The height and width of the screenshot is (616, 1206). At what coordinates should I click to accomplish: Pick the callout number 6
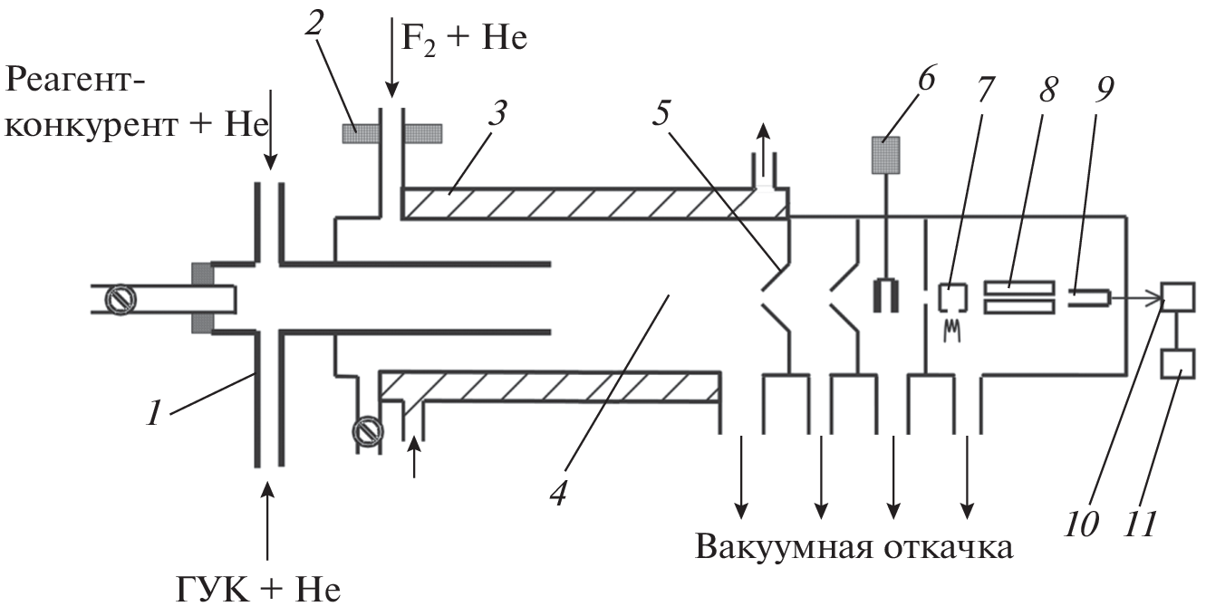(x=924, y=81)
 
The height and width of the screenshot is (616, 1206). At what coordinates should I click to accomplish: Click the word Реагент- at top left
(x=76, y=82)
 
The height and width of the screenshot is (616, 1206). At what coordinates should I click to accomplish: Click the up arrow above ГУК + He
(x=267, y=521)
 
